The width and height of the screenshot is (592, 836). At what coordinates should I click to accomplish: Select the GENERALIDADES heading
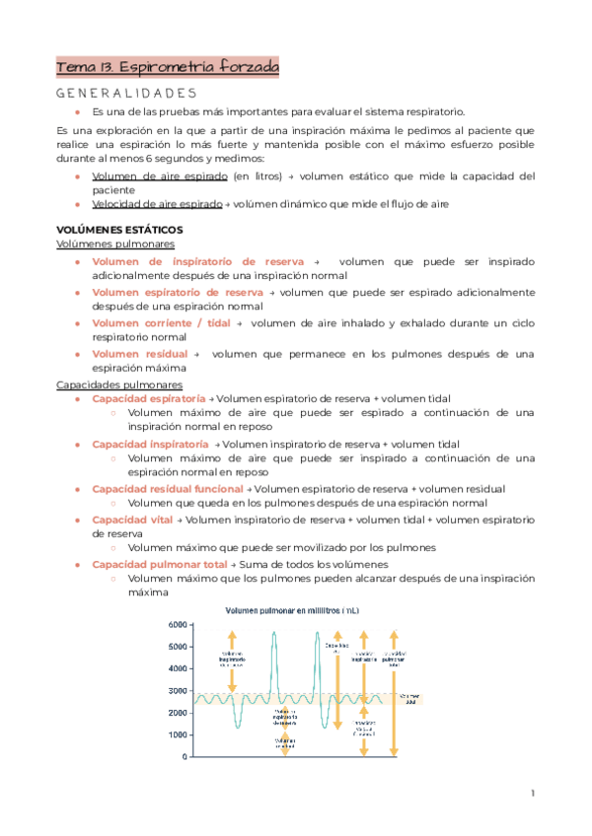126,94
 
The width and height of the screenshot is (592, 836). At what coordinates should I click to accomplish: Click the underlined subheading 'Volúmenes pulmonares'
116,243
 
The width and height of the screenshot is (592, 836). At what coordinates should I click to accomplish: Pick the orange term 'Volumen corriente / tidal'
161,323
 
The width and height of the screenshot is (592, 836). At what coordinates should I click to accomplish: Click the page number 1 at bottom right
532,793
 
